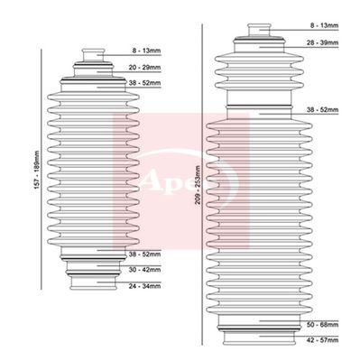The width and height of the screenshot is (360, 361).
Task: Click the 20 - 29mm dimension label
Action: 144,67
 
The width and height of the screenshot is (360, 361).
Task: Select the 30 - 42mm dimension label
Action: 144,268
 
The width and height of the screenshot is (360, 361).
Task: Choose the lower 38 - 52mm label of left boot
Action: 144,254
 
